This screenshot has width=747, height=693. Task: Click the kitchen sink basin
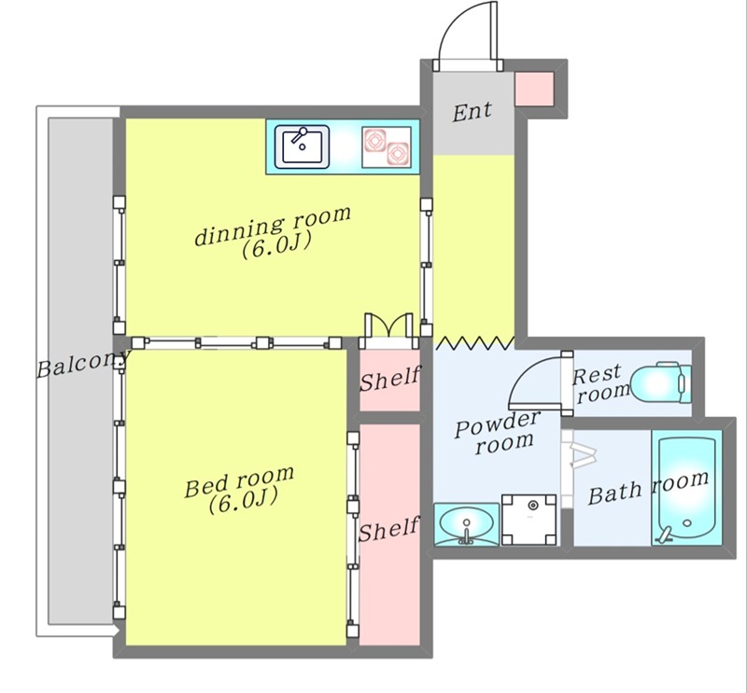(302, 146)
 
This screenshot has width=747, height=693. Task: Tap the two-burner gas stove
(387, 147)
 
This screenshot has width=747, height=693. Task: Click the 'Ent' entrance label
(472, 112)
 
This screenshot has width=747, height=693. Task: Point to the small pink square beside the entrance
(534, 89)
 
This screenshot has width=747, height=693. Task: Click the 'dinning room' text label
(273, 225)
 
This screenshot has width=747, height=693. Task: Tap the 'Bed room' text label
(239, 481)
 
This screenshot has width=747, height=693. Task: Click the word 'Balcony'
(83, 364)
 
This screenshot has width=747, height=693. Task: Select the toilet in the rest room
(661, 383)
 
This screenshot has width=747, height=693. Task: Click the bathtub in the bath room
(686, 488)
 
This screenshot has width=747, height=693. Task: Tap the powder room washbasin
(467, 524)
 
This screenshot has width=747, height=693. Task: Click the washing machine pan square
(529, 520)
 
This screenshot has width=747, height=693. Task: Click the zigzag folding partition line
(475, 342)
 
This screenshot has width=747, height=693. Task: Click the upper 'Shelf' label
(390, 379)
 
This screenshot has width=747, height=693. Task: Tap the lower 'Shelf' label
(388, 529)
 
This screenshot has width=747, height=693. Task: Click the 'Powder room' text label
(498, 432)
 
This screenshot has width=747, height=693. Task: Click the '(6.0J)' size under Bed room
(243, 502)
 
